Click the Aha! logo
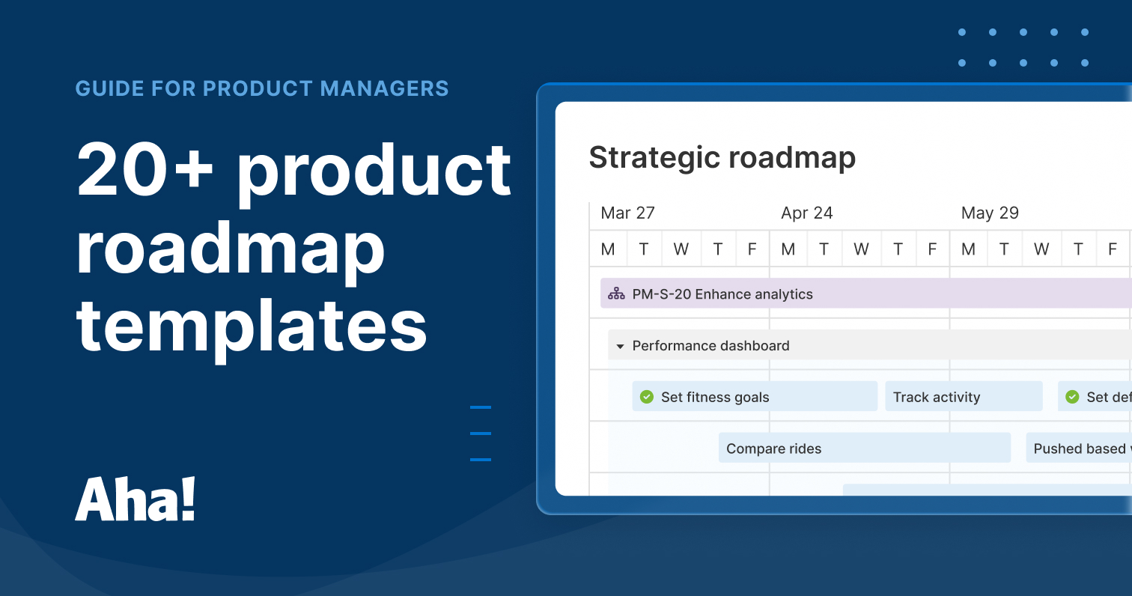coord(136,499)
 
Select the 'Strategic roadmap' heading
coord(722,158)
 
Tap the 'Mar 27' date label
coord(627,213)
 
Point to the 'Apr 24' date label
coord(806,213)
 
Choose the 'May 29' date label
coord(989,213)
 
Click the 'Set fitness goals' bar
coord(755,397)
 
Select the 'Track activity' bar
coord(963,397)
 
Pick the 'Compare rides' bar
coord(864,448)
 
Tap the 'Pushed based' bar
coord(1078,448)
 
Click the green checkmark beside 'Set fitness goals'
coord(647,397)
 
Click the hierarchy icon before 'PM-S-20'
coord(616,294)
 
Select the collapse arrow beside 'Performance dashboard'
coord(620,347)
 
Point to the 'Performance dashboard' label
coord(710,346)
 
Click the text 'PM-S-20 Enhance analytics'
coord(722,294)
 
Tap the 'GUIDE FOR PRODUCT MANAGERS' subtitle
coord(262,88)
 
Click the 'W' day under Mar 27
coord(681,249)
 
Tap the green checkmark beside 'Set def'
coord(1072,397)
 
